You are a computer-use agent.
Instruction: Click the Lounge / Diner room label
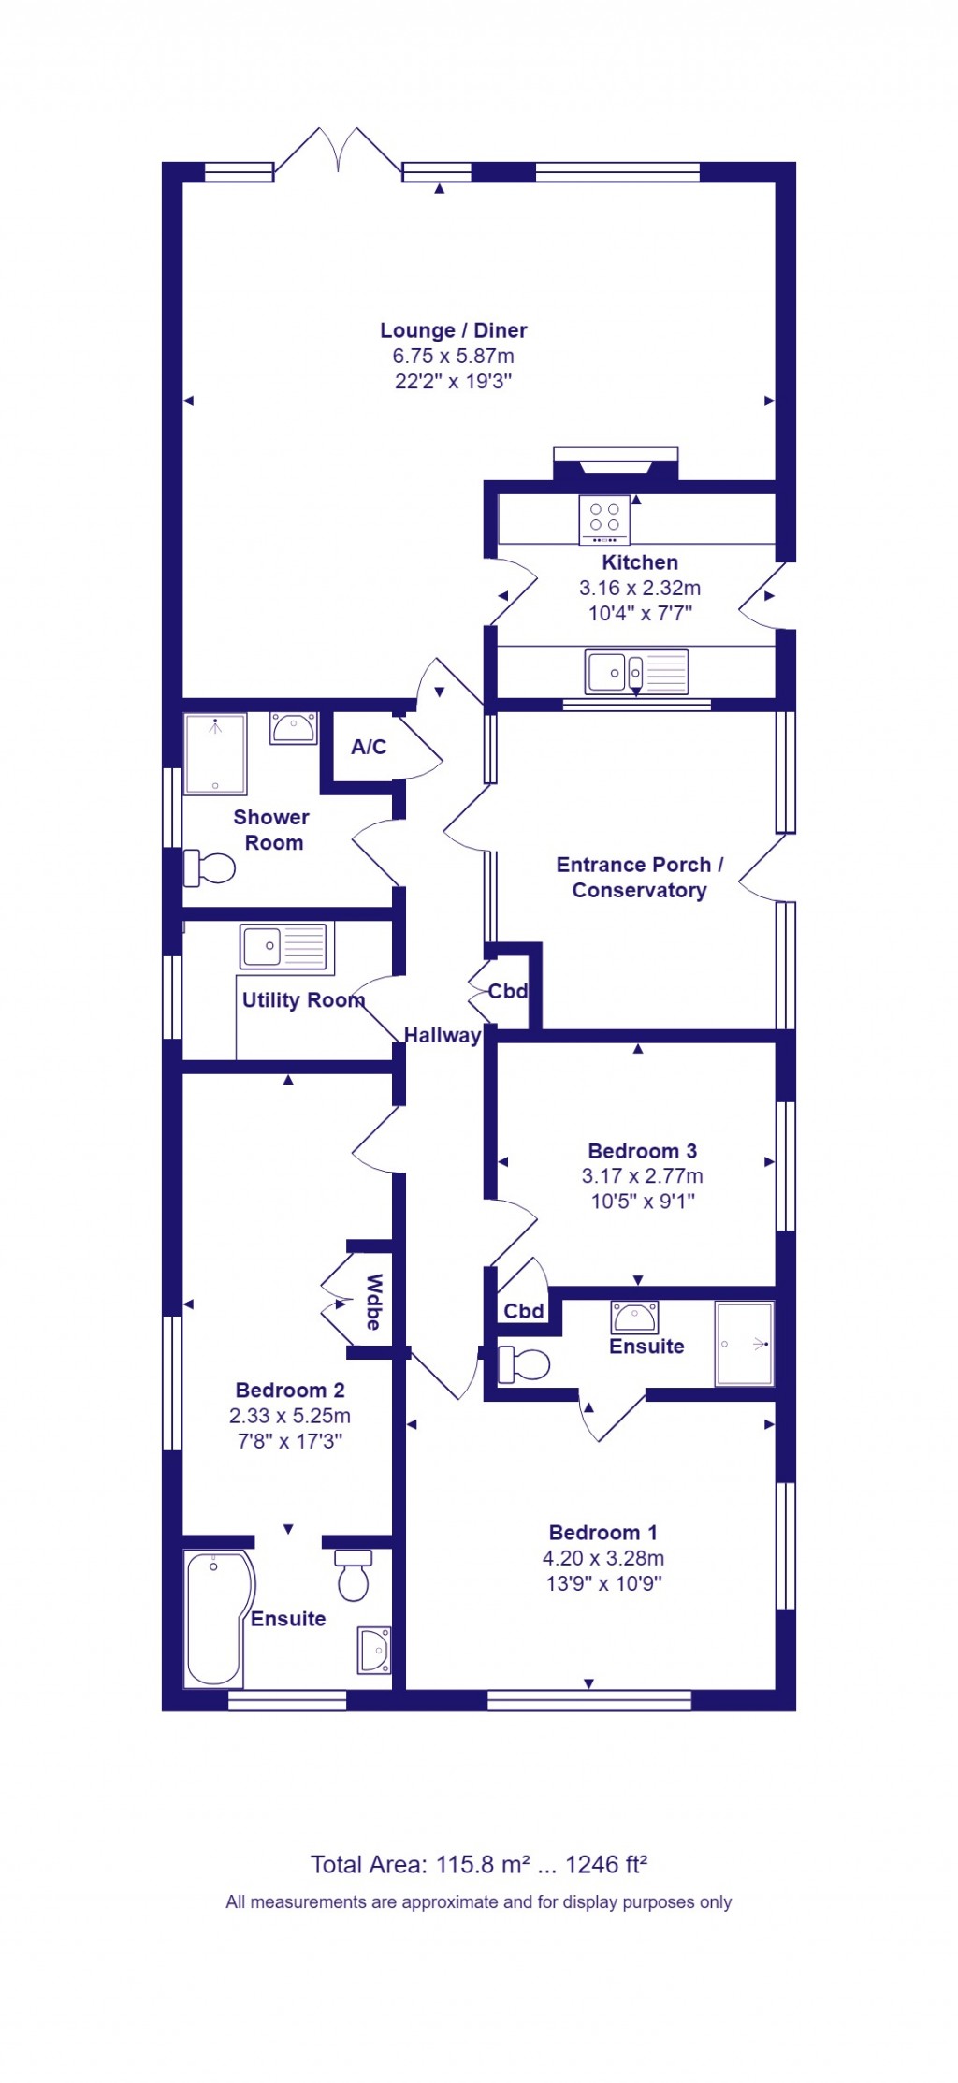point(453,330)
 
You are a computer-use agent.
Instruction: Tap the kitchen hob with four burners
point(604,519)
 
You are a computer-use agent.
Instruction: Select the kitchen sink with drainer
point(636,671)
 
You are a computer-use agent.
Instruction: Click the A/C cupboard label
point(368,747)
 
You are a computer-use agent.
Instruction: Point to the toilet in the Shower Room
point(210,867)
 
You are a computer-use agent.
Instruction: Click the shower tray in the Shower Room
point(215,753)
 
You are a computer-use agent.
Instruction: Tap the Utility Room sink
point(283,946)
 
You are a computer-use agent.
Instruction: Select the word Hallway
point(442,1035)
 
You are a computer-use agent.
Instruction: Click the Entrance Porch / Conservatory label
point(639,877)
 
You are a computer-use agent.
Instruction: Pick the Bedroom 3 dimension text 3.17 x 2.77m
point(642,1176)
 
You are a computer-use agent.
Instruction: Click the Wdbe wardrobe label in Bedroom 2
point(373,1302)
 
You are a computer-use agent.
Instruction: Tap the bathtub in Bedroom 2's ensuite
point(215,1618)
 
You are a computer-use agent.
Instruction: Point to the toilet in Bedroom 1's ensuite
point(524,1363)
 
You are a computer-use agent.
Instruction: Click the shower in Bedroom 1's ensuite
point(745,1343)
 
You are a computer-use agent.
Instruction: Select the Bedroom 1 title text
point(602,1533)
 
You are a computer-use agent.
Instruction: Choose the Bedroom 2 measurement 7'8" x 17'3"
point(289,1441)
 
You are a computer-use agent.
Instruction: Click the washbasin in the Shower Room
point(293,727)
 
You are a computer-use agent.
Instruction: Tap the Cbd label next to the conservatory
point(508,991)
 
